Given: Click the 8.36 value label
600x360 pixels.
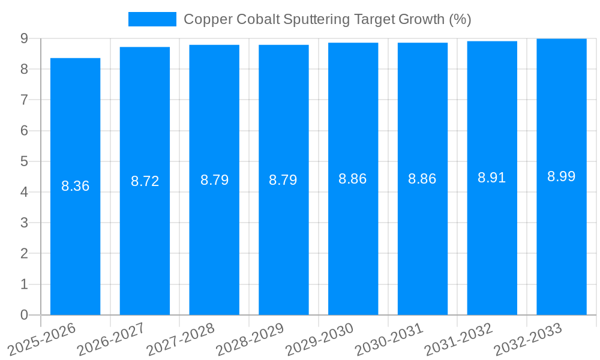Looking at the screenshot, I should pos(75,186).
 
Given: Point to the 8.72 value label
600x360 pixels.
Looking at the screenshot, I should pos(145,181).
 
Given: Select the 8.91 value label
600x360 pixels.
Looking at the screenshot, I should pos(492,178).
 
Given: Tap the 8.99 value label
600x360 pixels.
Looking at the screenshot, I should pos(561,176).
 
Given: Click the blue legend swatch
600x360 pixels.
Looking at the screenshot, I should pos(152,19).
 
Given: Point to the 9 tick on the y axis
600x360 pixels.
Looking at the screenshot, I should pos(24,38).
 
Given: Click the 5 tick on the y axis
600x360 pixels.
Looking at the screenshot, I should pos(24,161).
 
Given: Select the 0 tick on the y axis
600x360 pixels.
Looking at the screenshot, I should pos(24,315).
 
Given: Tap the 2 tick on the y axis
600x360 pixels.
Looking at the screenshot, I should pos(24,254).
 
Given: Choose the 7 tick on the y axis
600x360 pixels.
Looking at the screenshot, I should pos(24,100).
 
